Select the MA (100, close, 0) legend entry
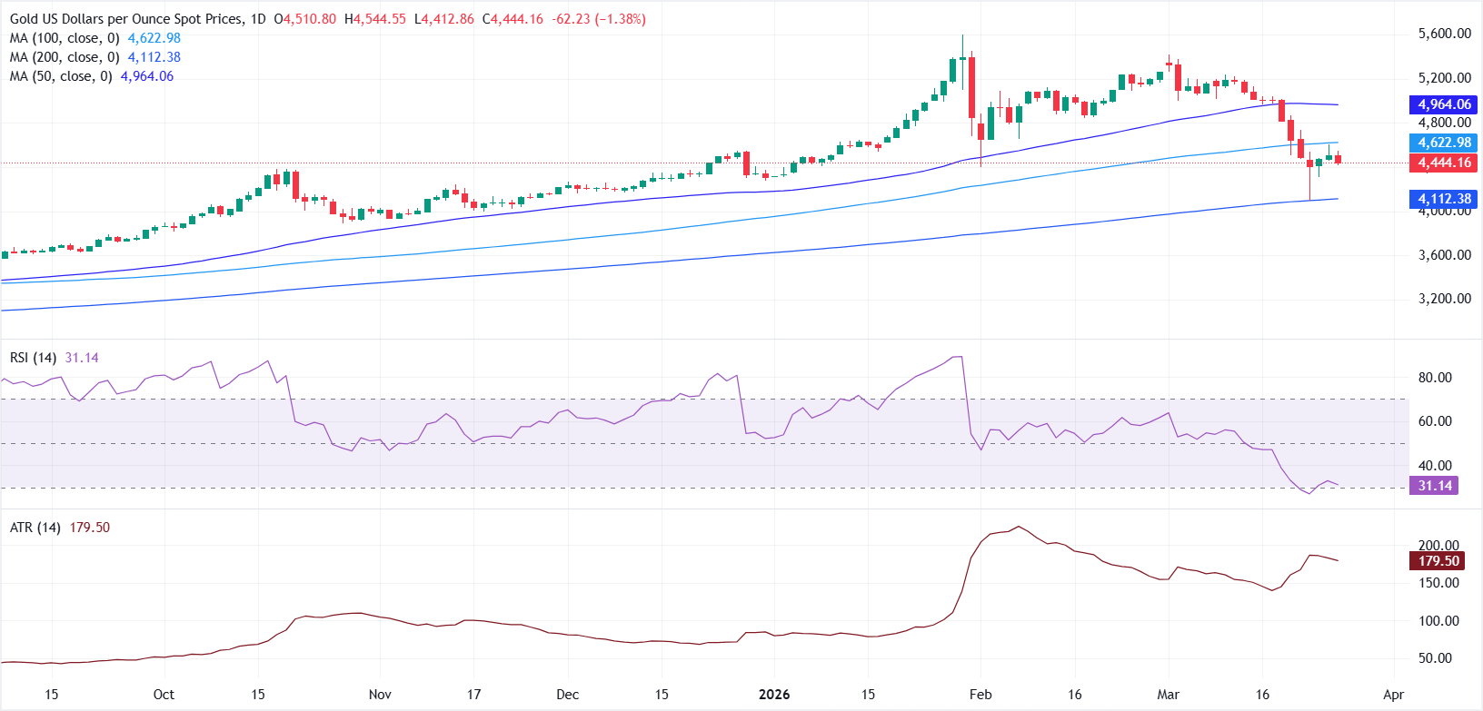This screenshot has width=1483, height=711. [65, 38]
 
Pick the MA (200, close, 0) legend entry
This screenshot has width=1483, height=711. [65, 57]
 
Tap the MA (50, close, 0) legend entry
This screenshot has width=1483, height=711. [61, 76]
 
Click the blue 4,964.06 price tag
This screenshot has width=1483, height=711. [1443, 104]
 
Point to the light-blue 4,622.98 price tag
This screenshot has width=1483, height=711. [1443, 143]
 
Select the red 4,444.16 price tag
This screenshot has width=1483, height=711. [1443, 163]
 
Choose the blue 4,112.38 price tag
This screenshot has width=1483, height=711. [1443, 198]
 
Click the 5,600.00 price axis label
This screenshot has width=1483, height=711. [1444, 34]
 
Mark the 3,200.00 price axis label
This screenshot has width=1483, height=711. [1444, 299]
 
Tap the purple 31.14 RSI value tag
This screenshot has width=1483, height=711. [1435, 486]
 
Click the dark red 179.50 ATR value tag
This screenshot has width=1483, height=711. [1438, 561]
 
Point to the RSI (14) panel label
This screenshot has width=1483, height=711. [34, 358]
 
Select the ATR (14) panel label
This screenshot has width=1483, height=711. [35, 528]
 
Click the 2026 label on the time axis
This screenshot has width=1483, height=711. [774, 695]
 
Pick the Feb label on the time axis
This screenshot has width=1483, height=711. [980, 695]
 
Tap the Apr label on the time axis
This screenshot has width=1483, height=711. [1393, 695]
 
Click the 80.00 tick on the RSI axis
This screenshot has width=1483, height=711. [1435, 378]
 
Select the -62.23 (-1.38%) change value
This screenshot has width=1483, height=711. [599, 19]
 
